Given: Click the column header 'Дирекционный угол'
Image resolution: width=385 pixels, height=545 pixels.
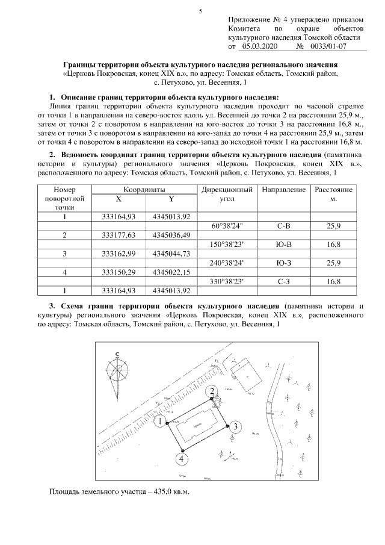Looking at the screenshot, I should coord(227,194).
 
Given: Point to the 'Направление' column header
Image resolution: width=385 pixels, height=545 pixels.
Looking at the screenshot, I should coord(283,190).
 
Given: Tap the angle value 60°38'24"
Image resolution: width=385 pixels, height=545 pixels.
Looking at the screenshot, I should coord(227,226).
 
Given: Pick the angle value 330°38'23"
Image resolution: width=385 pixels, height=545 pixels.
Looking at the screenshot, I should coord(227,280).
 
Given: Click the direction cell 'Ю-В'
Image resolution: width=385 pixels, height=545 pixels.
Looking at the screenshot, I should coord(283,244).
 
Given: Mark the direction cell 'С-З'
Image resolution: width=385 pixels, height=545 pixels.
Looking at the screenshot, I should coord(283,280).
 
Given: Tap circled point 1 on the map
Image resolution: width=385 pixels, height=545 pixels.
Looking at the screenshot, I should coord(159,422).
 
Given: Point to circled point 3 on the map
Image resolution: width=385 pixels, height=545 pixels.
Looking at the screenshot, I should coord(236,426).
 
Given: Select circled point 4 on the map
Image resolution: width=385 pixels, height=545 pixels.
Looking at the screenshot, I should coord(180,459).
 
